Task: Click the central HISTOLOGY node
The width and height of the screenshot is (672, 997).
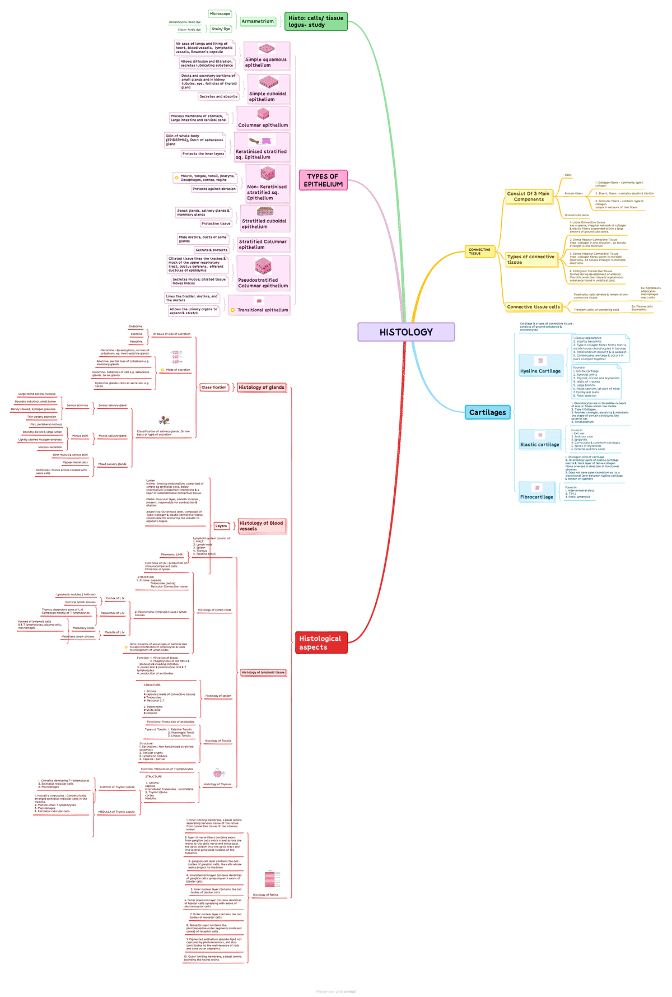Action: [x=406, y=332]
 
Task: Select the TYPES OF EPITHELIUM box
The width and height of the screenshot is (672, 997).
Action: [x=323, y=180]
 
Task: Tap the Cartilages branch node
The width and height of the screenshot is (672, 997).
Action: [x=487, y=412]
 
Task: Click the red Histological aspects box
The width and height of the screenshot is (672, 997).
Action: [x=321, y=642]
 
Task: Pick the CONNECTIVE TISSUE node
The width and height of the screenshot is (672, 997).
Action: [x=480, y=252]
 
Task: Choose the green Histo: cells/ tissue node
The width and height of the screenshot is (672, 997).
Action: [x=316, y=21]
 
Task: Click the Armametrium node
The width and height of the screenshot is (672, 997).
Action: [x=258, y=21]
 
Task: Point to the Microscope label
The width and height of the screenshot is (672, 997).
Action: [x=220, y=13]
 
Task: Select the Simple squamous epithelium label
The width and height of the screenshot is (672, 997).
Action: [x=265, y=62]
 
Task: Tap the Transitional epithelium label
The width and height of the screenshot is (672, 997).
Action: [x=263, y=310]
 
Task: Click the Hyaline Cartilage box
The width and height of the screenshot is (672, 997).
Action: [x=540, y=371]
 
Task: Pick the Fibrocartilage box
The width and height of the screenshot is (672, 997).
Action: [x=536, y=497]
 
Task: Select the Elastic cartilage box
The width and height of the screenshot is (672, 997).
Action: [x=539, y=444]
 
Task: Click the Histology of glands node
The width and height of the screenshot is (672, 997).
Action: [x=262, y=387]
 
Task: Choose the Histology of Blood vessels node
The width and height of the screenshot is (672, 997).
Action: [x=262, y=526]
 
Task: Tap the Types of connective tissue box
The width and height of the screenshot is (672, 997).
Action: [x=531, y=259]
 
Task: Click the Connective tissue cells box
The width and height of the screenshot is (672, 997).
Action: [x=533, y=307]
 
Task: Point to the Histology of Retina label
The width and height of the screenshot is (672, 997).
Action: [x=265, y=894]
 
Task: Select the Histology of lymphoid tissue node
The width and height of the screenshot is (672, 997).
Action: [x=263, y=672]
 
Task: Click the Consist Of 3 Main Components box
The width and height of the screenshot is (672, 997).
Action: [x=529, y=196]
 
